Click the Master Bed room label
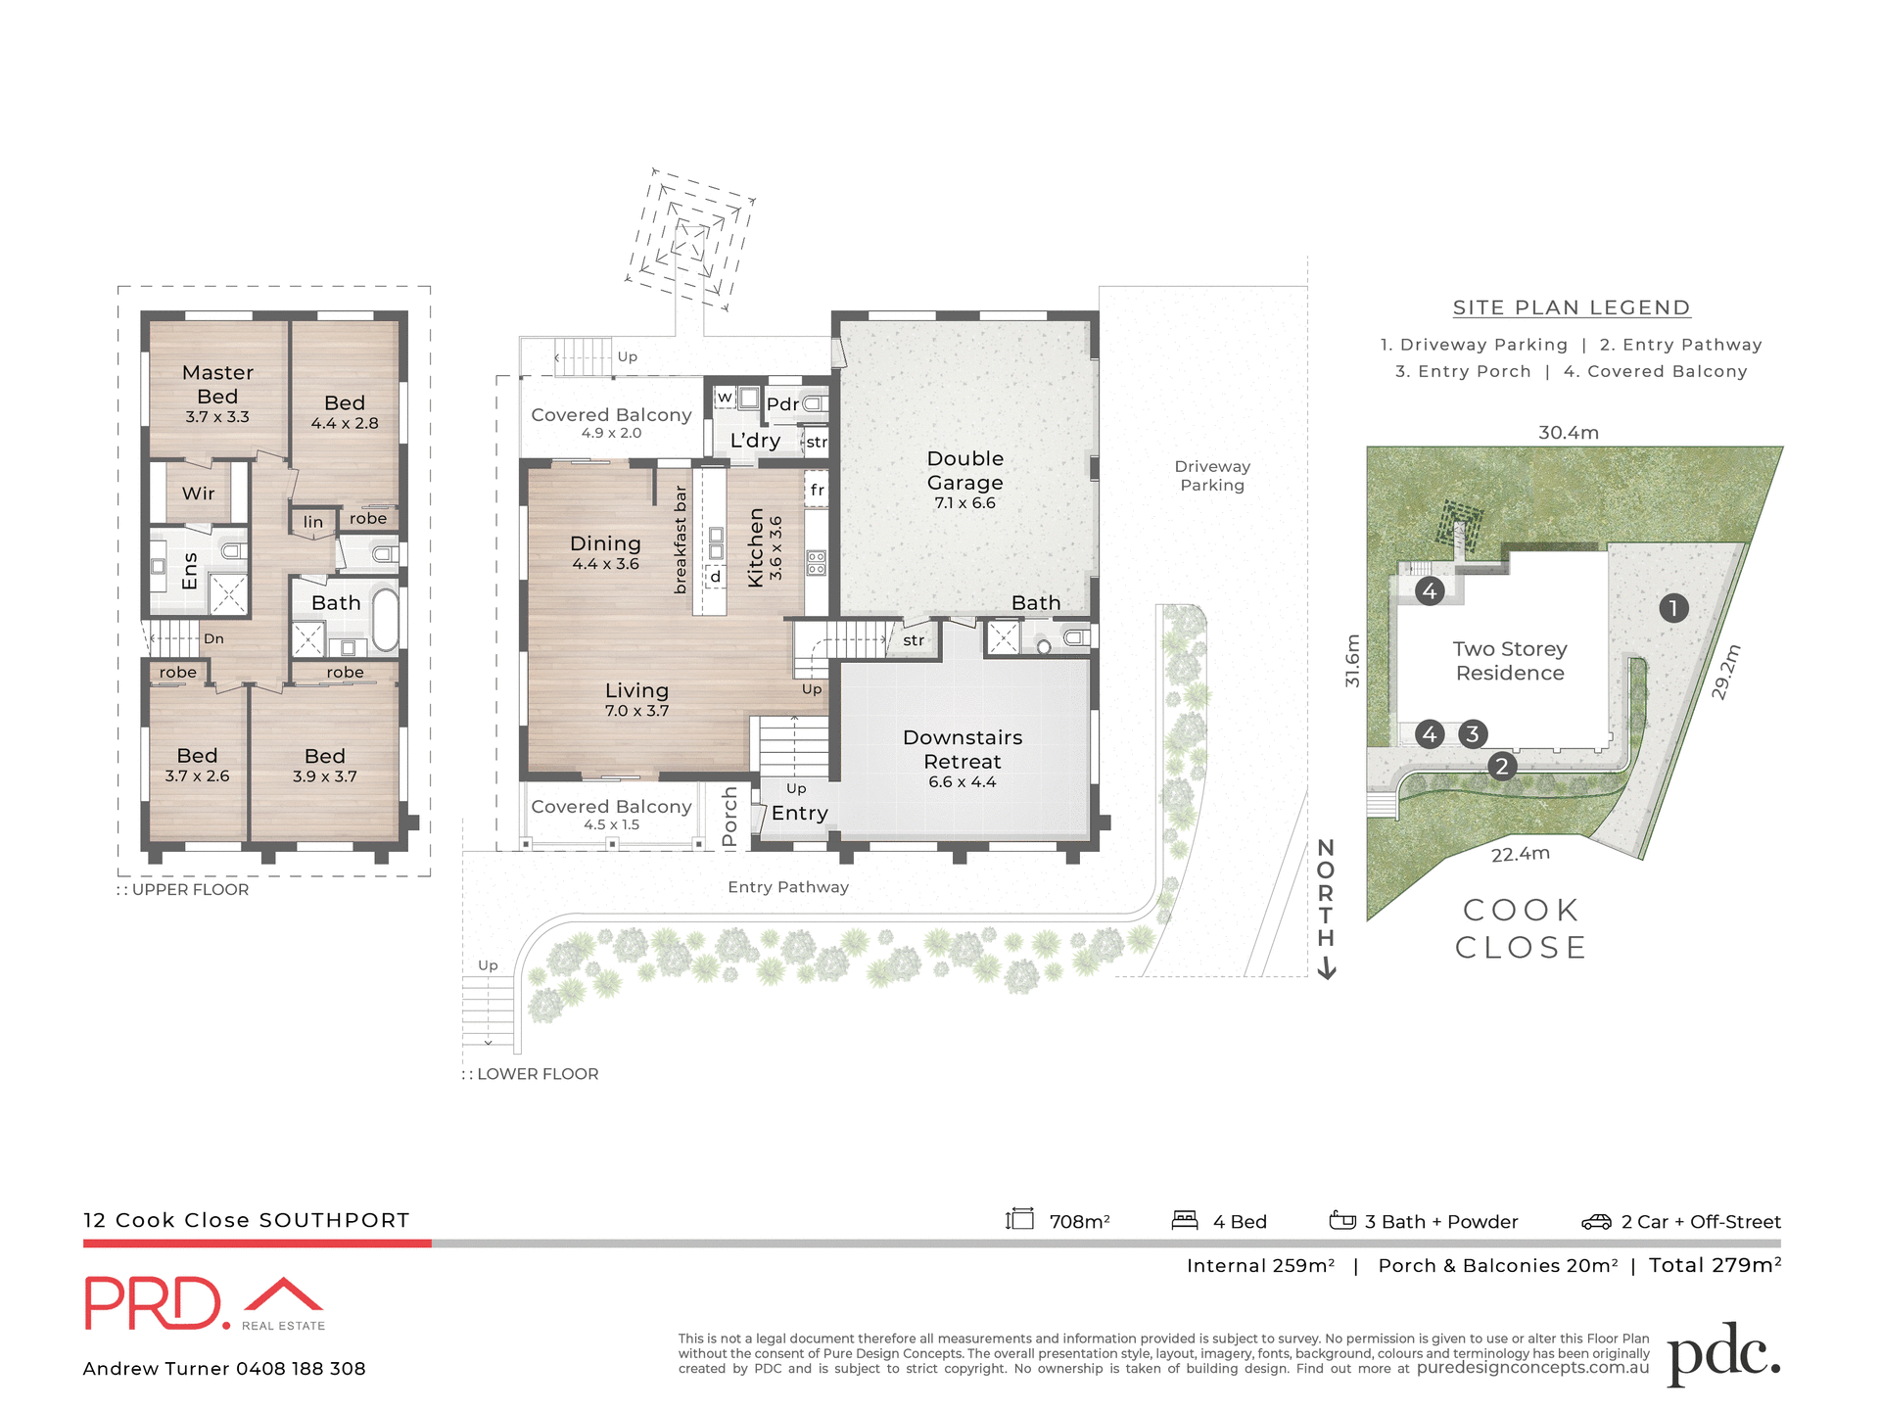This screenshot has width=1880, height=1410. pyautogui.click(x=217, y=384)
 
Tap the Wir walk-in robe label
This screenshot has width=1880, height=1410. pyautogui.click(x=198, y=493)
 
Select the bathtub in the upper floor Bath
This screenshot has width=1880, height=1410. pyautogui.click(x=385, y=619)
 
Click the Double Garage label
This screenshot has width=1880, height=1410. pyautogui.click(x=964, y=470)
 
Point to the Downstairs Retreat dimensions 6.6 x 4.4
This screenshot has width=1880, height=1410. pyautogui.click(x=962, y=782)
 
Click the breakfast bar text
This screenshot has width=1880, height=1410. pyautogui.click(x=681, y=540)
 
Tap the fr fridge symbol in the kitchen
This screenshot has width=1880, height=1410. pyautogui.click(x=817, y=490)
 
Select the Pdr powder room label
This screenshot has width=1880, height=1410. pyautogui.click(x=781, y=404)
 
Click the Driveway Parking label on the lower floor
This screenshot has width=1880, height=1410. pyautogui.click(x=1212, y=476)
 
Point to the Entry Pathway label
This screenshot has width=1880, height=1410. pyautogui.click(x=788, y=887)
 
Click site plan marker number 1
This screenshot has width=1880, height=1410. pyautogui.click(x=1673, y=608)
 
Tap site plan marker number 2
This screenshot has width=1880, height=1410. pyautogui.click(x=1501, y=766)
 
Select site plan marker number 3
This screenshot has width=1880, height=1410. pyautogui.click(x=1473, y=734)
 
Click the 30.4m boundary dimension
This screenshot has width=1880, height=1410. pyautogui.click(x=1568, y=432)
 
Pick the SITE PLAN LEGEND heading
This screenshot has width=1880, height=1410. pyautogui.click(x=1571, y=307)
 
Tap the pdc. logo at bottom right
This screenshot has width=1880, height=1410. pyautogui.click(x=1723, y=1354)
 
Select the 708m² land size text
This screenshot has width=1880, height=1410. pyautogui.click(x=1079, y=1222)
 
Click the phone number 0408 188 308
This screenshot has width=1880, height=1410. pyautogui.click(x=301, y=1369)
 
